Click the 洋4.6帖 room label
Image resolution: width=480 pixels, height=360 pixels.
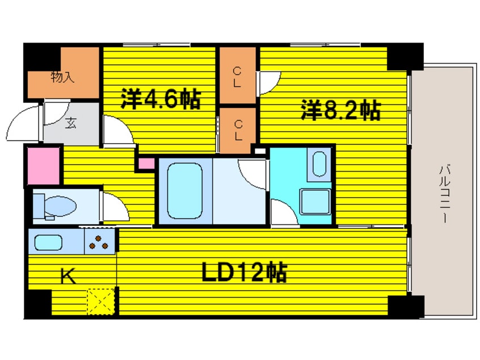click(161, 100)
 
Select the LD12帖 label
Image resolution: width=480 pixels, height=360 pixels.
click(245, 273)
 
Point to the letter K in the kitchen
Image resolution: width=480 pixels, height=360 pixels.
click(67, 277)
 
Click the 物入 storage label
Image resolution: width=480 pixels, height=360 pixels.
click(62, 78)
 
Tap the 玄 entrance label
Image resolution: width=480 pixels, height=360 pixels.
click(70, 122)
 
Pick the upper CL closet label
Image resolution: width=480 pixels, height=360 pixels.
click(238, 76)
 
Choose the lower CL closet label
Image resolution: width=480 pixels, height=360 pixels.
click(238, 129)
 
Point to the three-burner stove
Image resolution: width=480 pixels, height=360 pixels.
click(100, 242)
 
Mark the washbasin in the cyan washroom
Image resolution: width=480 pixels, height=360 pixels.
click(320, 164)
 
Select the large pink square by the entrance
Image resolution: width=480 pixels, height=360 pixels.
click(43, 166)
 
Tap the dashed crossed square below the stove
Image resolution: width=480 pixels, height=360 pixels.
click(102, 300)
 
